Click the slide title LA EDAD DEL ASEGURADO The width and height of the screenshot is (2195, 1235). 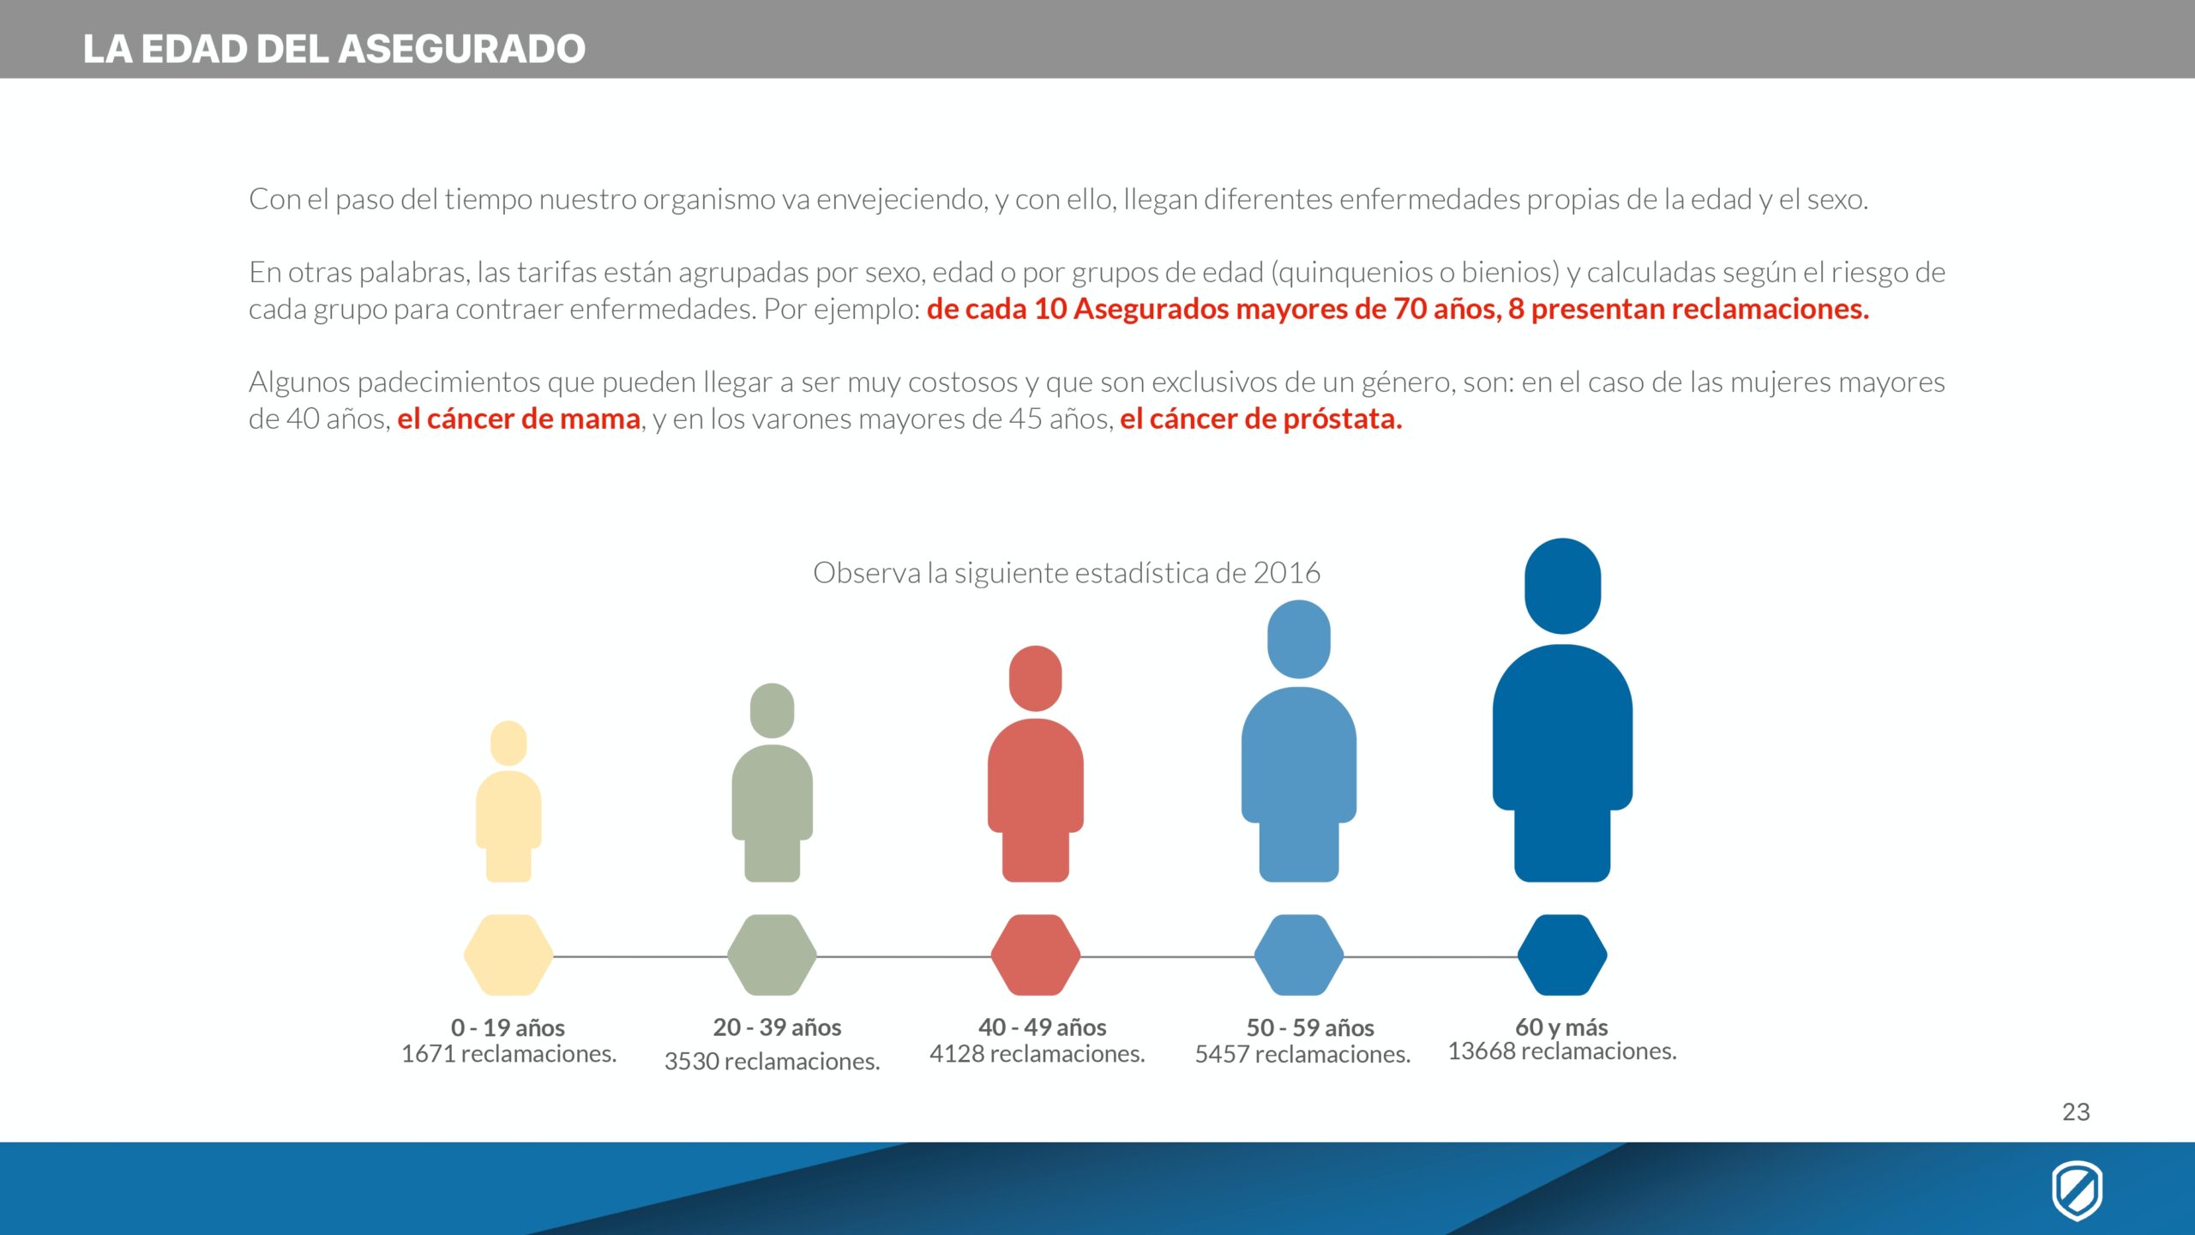[334, 48]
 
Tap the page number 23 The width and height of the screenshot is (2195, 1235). [2076, 1111]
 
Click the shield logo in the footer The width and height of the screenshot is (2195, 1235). [2077, 1190]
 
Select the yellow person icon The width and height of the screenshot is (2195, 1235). [508, 801]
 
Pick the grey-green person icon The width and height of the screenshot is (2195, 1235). [772, 782]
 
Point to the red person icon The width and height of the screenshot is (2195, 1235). [1035, 763]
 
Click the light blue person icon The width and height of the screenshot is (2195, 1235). [1299, 741]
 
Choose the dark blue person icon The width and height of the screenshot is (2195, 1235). [1562, 710]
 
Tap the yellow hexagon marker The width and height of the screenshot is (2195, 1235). [508, 955]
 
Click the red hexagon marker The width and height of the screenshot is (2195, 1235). [1035, 955]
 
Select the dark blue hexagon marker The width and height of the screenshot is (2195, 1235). [1562, 955]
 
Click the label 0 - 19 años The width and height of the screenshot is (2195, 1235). [508, 1027]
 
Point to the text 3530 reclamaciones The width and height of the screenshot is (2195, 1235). [772, 1062]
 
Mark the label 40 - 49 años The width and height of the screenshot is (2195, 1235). [1042, 1027]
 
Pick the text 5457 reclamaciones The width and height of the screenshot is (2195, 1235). [1302, 1054]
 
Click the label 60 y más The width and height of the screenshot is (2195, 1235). [1561, 1027]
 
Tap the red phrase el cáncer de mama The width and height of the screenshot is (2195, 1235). [519, 419]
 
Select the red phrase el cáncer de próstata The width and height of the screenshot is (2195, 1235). [1261, 419]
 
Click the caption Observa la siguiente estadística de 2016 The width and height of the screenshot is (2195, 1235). [1067, 572]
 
